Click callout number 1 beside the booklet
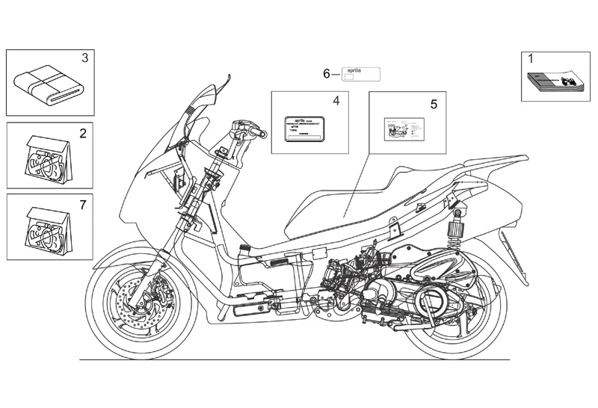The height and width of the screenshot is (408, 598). [531, 58]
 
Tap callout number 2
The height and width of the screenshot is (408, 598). [83, 134]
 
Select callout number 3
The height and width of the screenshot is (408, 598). [84, 58]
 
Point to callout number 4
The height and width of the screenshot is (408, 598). [336, 100]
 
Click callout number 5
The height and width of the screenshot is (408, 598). [434, 105]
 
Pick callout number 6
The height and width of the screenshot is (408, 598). [326, 73]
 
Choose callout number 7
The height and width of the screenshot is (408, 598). [83, 203]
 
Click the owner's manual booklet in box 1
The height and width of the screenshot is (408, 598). [552, 80]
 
